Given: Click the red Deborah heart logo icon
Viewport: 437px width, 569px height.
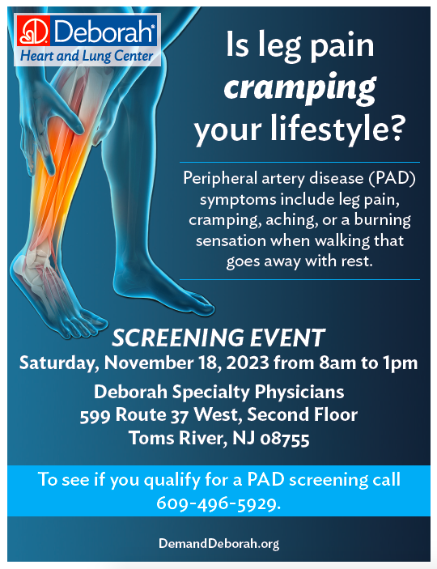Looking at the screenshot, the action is point(33,32).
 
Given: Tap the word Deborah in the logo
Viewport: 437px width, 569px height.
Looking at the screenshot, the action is point(104,32).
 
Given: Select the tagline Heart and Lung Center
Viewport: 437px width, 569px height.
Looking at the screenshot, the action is point(87,56).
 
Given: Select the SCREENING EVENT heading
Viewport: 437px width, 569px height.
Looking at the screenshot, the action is point(218,338).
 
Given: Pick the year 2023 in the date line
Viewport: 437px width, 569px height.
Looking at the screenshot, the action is point(248,363).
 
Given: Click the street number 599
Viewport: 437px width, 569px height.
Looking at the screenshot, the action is point(95,415).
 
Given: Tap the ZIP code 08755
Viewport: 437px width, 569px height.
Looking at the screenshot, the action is point(285,439).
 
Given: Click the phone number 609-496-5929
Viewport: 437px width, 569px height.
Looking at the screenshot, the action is point(218,503).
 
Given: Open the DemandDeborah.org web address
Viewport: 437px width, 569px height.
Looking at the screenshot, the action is point(218,544).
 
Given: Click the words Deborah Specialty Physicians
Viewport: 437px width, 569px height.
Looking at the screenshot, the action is point(218,393).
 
